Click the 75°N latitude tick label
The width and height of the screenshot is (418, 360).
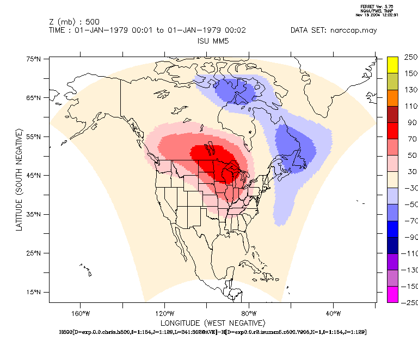[x=34, y=59]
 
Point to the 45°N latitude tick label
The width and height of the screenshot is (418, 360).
[x=34, y=176]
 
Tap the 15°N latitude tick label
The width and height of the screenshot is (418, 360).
[x=34, y=293]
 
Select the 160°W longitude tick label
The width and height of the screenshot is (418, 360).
[x=79, y=313]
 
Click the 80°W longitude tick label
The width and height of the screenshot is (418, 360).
[x=249, y=313]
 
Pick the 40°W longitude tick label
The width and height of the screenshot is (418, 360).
[x=333, y=313]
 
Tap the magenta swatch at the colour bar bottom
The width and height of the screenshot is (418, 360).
[x=394, y=294]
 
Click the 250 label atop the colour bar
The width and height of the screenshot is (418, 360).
[x=410, y=57]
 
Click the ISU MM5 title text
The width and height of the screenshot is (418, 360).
[x=212, y=41]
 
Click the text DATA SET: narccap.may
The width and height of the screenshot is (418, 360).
[x=334, y=30]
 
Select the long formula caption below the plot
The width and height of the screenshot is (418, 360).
[x=212, y=331]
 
